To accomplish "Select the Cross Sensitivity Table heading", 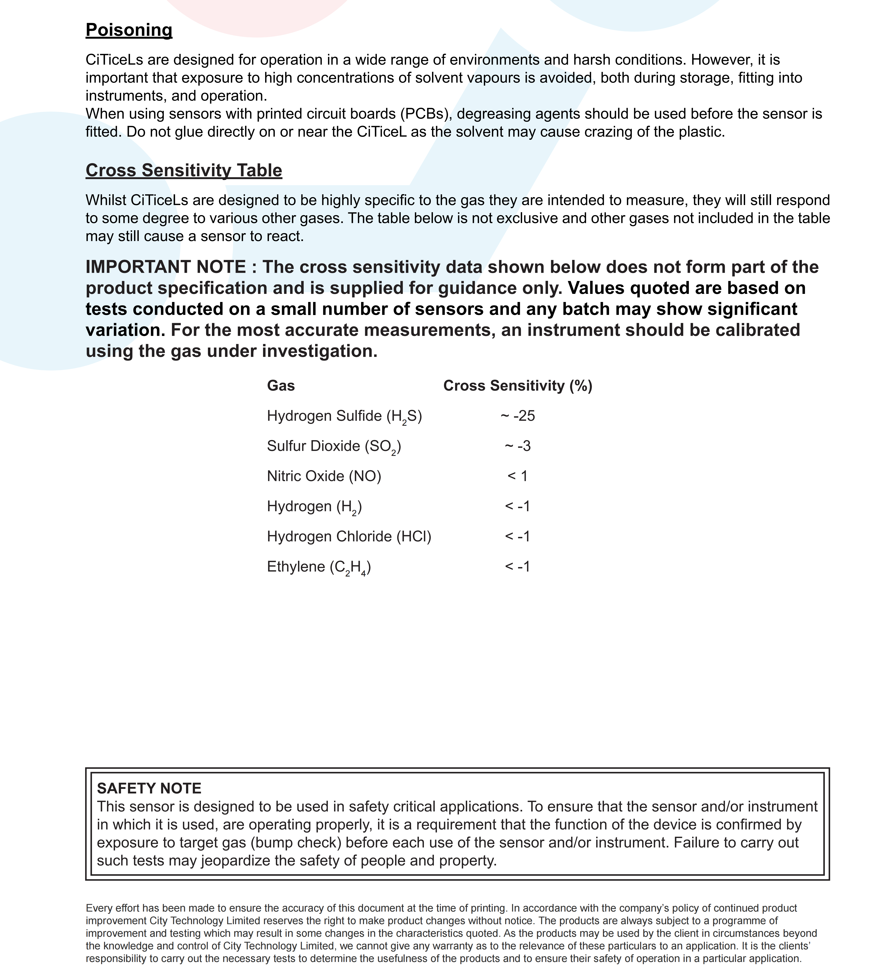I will [184, 171].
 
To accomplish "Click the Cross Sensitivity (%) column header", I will [518, 386].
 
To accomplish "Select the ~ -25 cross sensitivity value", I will [518, 416].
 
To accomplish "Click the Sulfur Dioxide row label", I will [334, 446].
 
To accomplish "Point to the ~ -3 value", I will [518, 446].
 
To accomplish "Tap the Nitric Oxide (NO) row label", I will [324, 477].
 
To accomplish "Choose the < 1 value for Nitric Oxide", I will [518, 477].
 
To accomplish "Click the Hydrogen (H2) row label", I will [314, 507].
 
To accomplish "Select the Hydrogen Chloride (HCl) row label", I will [349, 536].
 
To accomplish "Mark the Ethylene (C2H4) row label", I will [319, 567].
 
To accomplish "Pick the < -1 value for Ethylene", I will [518, 567].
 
